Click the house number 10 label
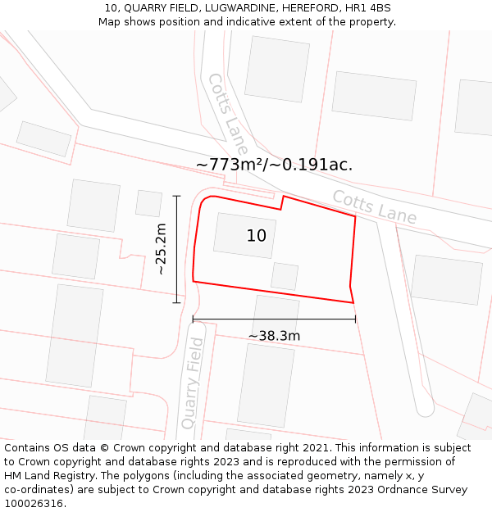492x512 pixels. pos(257,236)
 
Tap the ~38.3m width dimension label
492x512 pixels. pos(274,336)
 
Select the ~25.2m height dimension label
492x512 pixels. pos(162,249)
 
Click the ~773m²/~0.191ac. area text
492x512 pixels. pos(274,165)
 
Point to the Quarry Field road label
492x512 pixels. pos(191,383)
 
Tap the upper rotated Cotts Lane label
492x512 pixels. pos(227,114)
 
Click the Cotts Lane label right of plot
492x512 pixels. pos(374,207)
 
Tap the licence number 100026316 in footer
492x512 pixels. pos(34,504)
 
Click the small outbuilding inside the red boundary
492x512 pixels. pos(285,276)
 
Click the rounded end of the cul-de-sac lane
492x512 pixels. pos(424,407)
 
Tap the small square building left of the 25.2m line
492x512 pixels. pos(148,203)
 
